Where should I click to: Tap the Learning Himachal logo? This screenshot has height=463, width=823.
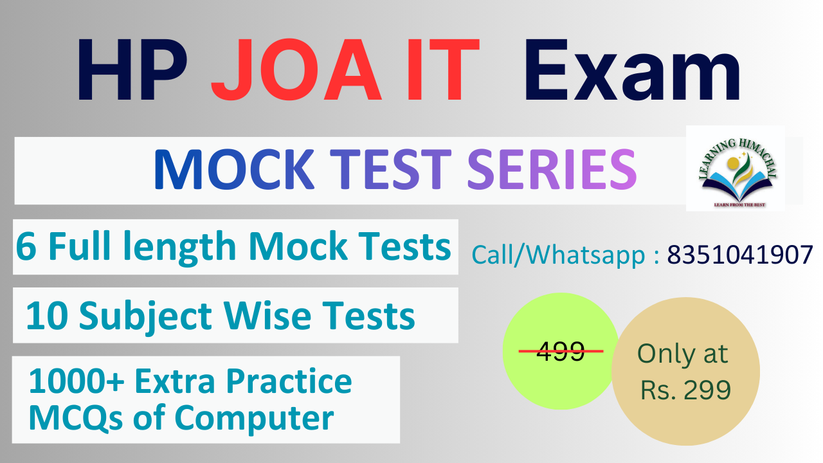(735, 168)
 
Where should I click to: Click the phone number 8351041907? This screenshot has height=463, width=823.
(739, 255)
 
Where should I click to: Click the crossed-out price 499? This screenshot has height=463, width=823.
(560, 351)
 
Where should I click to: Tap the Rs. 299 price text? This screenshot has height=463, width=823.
(685, 390)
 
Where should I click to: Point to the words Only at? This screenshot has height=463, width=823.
(682, 354)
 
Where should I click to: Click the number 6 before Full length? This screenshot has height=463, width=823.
(26, 247)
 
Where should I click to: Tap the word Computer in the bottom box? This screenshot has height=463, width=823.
(254, 419)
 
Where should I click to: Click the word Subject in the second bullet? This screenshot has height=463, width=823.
(148, 316)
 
